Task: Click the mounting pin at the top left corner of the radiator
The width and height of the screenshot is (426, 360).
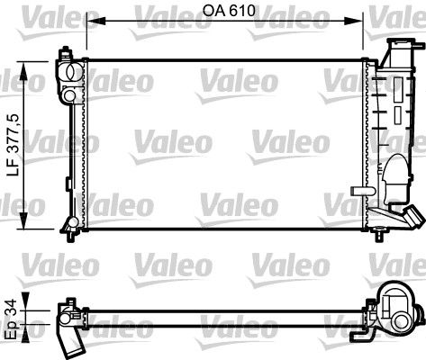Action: pos(65,51)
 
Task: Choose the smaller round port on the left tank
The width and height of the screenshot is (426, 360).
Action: pos(69,94)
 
